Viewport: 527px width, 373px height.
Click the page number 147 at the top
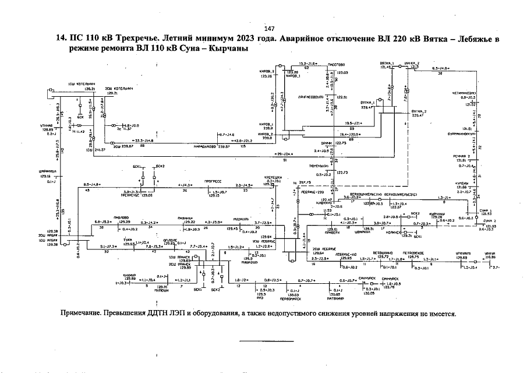click(x=269, y=29)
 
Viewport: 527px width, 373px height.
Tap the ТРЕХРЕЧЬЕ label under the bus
click(x=134, y=196)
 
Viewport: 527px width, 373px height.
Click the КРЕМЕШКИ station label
click(x=274, y=177)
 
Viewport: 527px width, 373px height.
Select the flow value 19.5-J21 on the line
click(x=353, y=123)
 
